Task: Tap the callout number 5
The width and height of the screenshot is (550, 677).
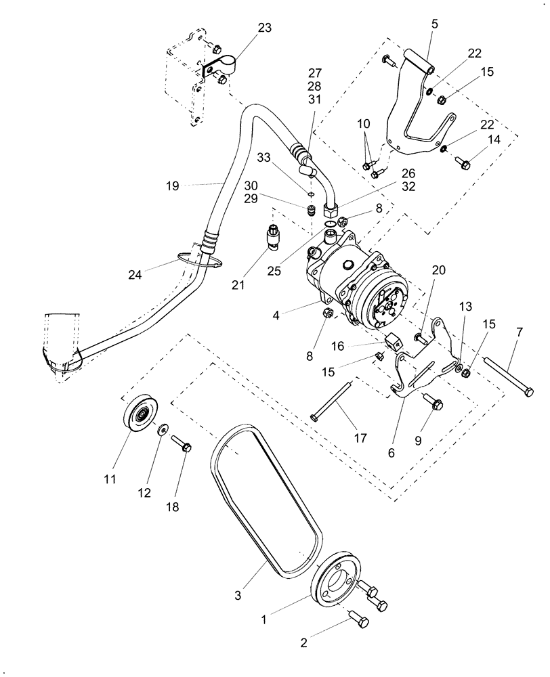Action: pos(434,24)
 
